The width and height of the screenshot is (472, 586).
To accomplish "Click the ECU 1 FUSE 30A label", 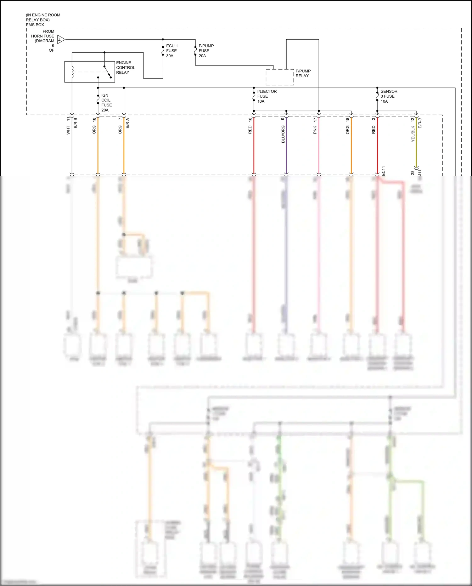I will coord(172,51).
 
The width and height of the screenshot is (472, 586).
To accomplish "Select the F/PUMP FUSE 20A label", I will coord(206,51).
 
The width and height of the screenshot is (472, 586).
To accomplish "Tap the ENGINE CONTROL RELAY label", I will coord(125,68).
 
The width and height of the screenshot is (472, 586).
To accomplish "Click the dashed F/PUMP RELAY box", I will coord(280,77).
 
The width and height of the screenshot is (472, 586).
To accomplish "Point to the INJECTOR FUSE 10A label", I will coord(267,96).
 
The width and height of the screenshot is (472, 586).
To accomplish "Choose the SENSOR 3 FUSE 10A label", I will coord(389,96).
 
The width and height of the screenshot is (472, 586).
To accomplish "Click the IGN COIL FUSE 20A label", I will coord(106,103).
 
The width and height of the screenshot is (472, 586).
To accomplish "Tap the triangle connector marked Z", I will coord(61,40).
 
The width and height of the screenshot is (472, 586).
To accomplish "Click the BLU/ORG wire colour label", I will coord(283,134).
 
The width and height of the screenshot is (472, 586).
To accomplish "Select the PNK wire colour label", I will coord(315,130).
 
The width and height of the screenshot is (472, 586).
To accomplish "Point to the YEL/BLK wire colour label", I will coord(413,134).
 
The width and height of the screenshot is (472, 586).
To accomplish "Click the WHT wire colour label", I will coord(68,130).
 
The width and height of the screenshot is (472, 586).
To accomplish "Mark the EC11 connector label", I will coord(383,171).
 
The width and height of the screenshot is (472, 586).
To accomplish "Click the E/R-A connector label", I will coord(127,123).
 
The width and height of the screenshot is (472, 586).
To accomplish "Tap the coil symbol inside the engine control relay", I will coord(72,72).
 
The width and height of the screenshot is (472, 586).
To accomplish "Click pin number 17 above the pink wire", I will coord(315,120).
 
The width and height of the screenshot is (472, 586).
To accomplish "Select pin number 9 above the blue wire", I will coord(283,118).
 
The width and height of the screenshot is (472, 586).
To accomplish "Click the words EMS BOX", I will coord(35,25).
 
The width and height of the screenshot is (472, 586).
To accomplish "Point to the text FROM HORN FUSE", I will coord(43,34).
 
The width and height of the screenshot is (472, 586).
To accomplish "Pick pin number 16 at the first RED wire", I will coord(250,120).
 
